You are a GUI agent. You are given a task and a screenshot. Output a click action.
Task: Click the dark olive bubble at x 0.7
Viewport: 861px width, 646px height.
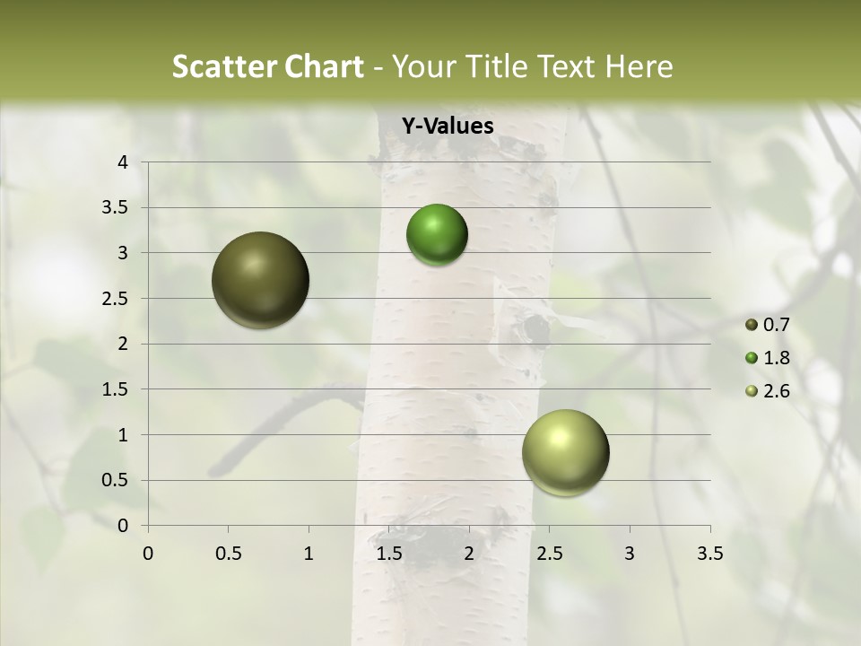pyautogui.click(x=260, y=280)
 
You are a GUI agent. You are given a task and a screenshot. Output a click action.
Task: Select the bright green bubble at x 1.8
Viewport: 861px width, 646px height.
pyautogui.click(x=437, y=234)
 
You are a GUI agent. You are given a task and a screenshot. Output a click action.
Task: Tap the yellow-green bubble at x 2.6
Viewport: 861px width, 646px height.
pyautogui.click(x=565, y=452)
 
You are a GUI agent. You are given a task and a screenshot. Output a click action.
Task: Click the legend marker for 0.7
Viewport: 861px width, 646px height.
pyautogui.click(x=752, y=325)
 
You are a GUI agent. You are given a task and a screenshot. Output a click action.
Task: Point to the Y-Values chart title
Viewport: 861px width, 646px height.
pyautogui.click(x=447, y=127)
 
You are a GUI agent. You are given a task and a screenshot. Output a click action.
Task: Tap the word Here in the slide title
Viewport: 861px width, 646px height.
pyautogui.click(x=639, y=66)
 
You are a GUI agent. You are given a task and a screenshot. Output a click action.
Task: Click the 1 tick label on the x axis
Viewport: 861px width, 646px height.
pyautogui.click(x=309, y=554)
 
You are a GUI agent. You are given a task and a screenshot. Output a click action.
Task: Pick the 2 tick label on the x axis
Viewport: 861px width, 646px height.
pyautogui.click(x=469, y=554)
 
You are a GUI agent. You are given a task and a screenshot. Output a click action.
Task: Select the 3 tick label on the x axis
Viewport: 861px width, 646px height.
pyautogui.click(x=630, y=554)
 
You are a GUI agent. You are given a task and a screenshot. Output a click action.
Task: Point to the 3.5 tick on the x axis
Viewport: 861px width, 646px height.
pyautogui.click(x=709, y=554)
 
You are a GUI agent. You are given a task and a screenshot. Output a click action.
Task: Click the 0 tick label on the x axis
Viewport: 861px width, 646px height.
pyautogui.click(x=148, y=554)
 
